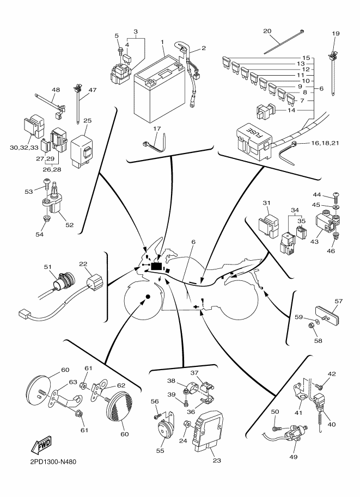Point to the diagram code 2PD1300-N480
[50, 461]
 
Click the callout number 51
[47, 266]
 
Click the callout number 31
[266, 203]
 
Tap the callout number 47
[92, 90]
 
